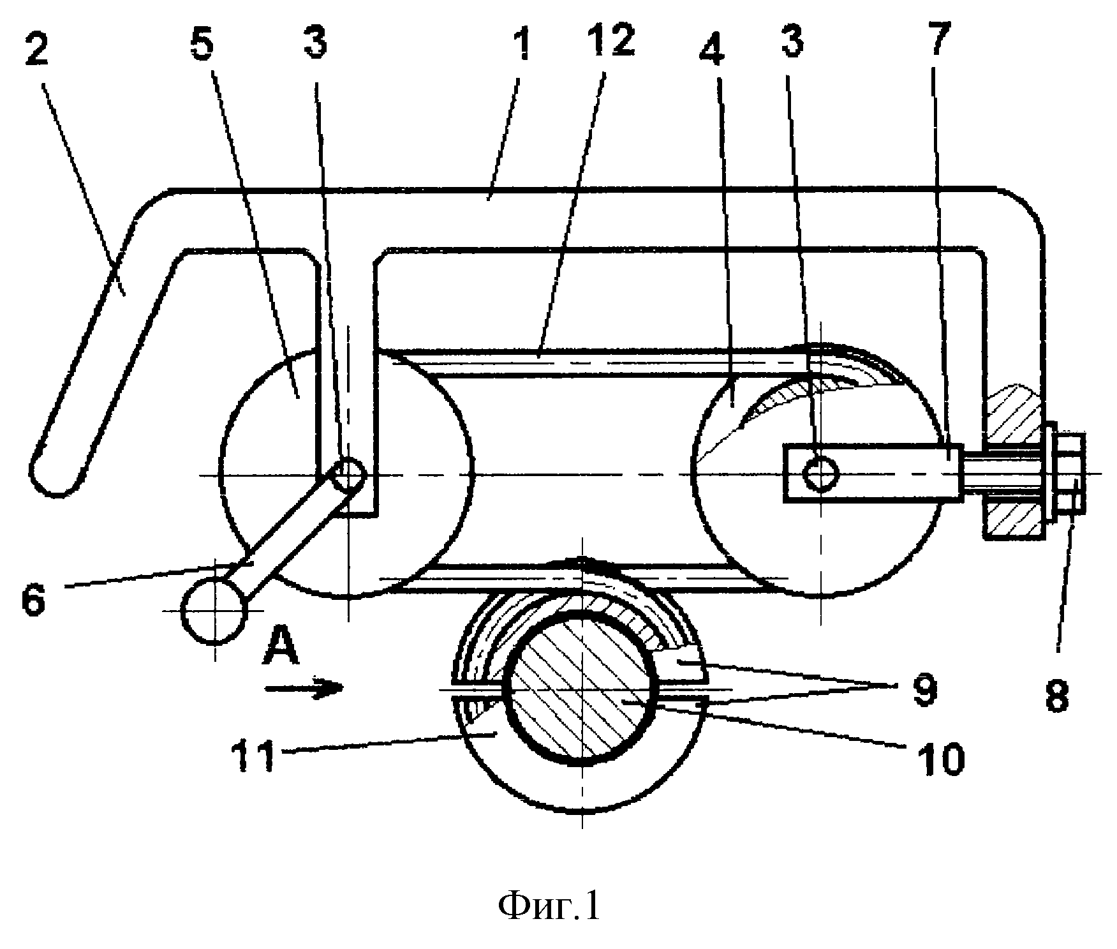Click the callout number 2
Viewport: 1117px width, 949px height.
36,48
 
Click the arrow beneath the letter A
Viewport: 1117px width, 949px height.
305,687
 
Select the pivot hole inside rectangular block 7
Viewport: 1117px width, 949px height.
821,473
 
